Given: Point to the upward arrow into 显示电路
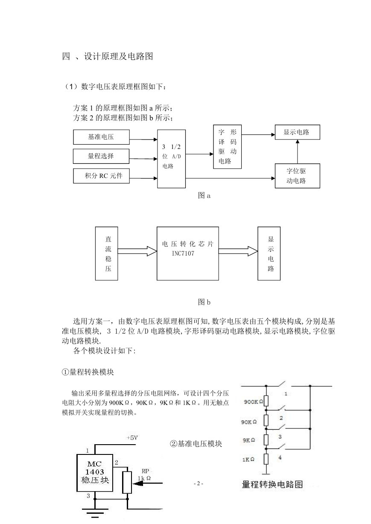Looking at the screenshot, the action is pyautogui.click(x=298, y=151).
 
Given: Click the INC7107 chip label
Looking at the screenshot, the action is pyautogui.click(x=183, y=253).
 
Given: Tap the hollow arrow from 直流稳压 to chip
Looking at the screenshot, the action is pyautogui.click(x=137, y=251).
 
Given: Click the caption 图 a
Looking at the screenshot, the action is pyautogui.click(x=204, y=195).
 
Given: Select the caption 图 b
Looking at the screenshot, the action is pyautogui.click(x=204, y=302).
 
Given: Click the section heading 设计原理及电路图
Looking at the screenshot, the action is pyautogui.click(x=118, y=56).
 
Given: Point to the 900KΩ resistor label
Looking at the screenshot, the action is pyautogui.click(x=254, y=402).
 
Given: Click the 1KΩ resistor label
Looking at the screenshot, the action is pyautogui.click(x=248, y=460).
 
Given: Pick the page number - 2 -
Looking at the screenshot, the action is pyautogui.click(x=199, y=483).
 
